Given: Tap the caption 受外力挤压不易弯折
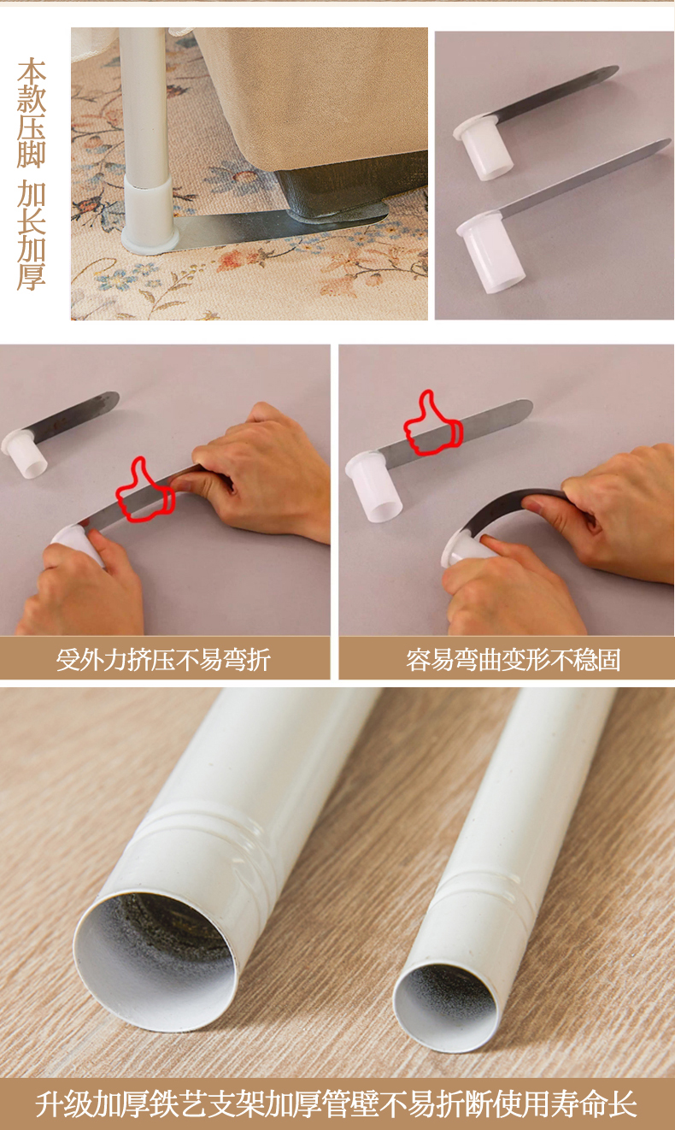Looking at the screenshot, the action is (163, 659).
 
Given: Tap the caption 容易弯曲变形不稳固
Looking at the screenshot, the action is (514, 659).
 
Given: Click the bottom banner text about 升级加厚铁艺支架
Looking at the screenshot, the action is (337, 1104).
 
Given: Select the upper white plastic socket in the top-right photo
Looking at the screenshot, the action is (483, 147).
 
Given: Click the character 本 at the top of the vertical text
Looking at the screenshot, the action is (32, 71).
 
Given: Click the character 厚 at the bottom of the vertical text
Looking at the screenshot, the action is (32, 276).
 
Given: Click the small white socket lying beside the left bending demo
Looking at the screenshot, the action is (25, 452).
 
